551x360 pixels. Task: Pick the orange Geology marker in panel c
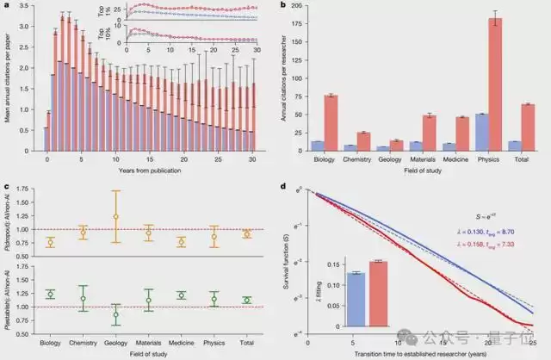tap(115, 216)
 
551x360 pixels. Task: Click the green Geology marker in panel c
tap(115, 314)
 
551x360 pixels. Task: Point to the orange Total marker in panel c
tap(247, 233)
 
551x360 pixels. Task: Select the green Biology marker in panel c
tap(50, 295)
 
